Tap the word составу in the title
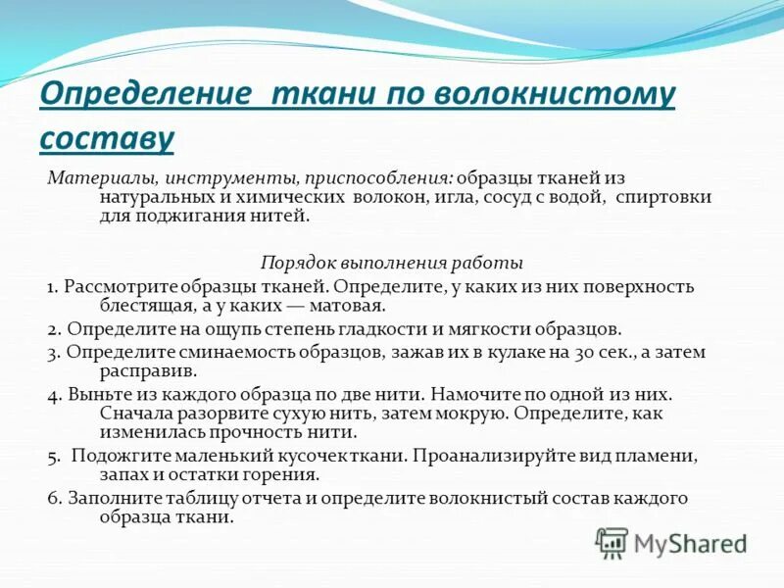click(107, 137)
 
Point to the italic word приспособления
click(376, 178)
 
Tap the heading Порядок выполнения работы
click(391, 263)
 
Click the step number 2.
click(54, 329)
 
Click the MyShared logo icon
click(612, 542)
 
